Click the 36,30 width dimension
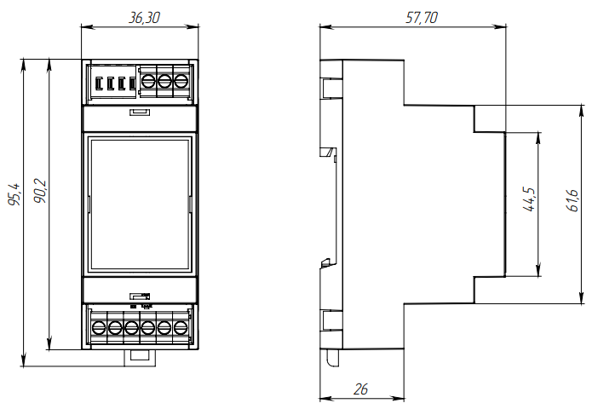click(141, 16)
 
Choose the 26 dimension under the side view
click(360, 389)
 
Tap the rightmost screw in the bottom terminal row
click(180, 327)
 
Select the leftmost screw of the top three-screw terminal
click(148, 82)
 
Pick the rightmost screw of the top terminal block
click(180, 82)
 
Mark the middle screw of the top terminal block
click(164, 82)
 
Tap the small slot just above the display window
click(140, 112)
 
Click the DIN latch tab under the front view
click(141, 356)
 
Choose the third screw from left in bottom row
click(131, 327)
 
